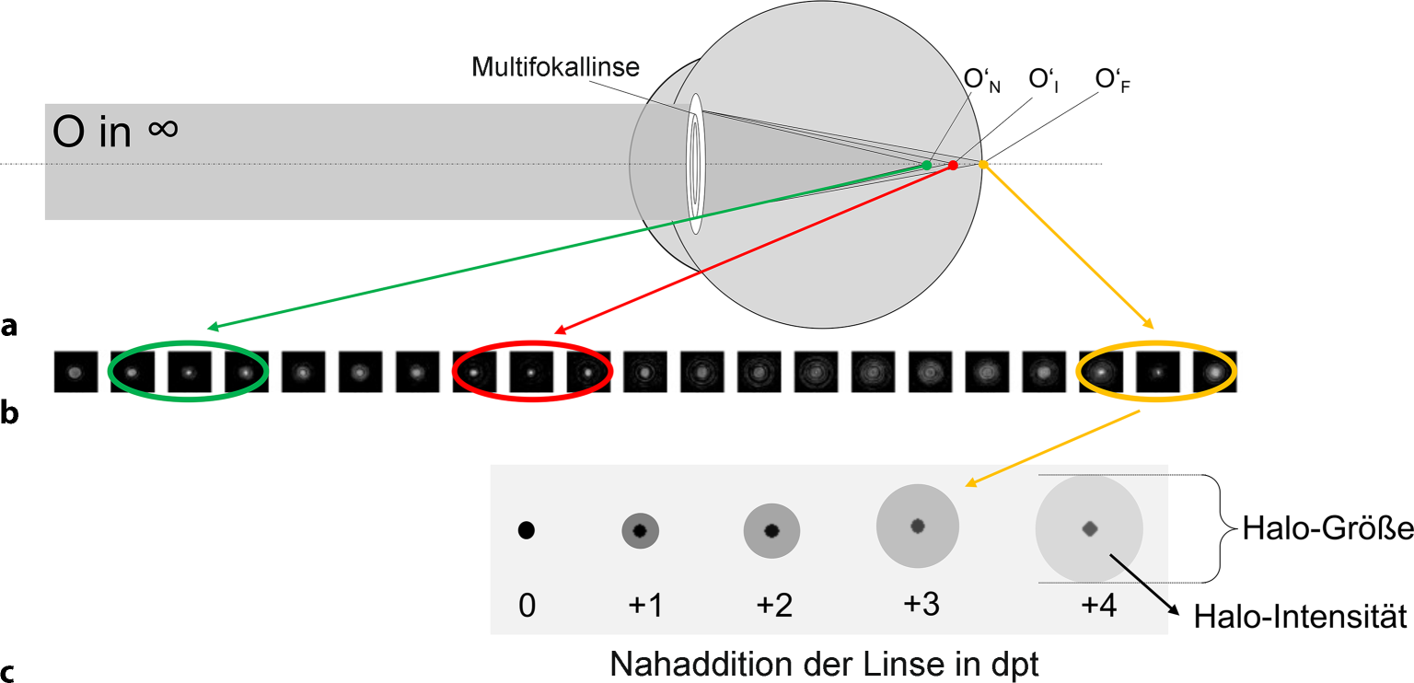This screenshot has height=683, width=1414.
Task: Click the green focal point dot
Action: pyautogui.click(x=927, y=165)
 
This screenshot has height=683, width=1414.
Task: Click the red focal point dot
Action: pyautogui.click(x=953, y=165)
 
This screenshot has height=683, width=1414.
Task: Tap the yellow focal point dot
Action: pyautogui.click(x=983, y=165)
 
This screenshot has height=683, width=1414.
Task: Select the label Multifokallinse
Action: pyautogui.click(x=555, y=67)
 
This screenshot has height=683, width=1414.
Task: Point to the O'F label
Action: pyautogui.click(x=1113, y=81)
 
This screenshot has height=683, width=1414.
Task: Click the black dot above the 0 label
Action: pyautogui.click(x=527, y=530)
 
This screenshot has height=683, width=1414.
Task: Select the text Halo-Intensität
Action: pyautogui.click(x=1300, y=617)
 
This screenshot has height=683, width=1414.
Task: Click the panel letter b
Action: pyautogui.click(x=9, y=413)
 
